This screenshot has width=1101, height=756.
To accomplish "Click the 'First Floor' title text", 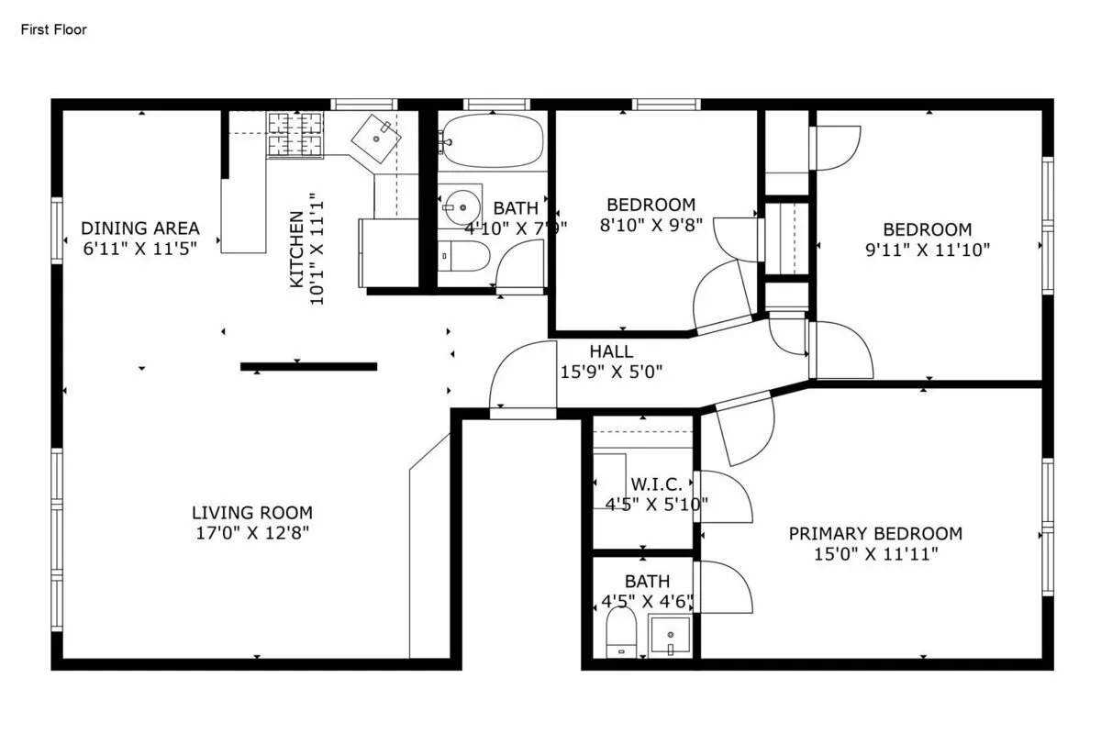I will click(53, 29).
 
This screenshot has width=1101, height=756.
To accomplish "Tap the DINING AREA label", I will click(139, 228).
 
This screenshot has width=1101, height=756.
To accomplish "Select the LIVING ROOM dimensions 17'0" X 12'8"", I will click(251, 532).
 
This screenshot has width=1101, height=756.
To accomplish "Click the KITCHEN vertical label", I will click(296, 250).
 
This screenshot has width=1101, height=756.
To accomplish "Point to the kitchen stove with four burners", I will click(295, 133).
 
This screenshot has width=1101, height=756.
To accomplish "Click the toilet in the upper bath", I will click(462, 256).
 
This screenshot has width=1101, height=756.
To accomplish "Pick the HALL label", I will click(610, 351).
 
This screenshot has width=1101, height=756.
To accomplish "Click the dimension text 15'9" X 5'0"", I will click(611, 372).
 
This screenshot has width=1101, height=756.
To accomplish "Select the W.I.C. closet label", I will click(655, 484).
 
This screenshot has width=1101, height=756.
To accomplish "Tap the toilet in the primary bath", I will click(622, 633).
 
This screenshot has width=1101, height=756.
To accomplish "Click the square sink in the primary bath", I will click(670, 635).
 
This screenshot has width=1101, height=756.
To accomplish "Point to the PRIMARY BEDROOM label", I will click(875, 534).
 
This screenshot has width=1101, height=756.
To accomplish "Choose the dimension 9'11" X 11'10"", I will click(927, 249).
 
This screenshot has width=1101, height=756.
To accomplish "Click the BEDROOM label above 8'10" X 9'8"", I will click(651, 205).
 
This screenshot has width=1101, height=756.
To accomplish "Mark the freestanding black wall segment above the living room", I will click(308, 366).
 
